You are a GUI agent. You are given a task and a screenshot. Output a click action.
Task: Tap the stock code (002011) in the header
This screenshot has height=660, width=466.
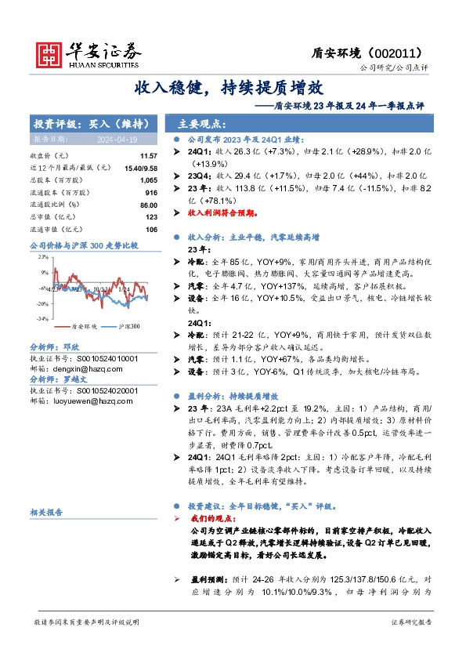(x=399, y=53)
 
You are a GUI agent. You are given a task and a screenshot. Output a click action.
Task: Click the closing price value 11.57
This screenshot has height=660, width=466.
(x=149, y=158)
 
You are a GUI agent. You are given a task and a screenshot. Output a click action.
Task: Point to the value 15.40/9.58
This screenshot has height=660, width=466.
(x=142, y=169)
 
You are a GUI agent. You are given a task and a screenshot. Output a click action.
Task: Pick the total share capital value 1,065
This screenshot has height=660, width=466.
(x=149, y=180)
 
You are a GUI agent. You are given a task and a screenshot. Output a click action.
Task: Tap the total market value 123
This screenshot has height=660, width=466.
(x=152, y=216)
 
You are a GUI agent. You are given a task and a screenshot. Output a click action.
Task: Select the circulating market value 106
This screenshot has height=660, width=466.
(x=152, y=228)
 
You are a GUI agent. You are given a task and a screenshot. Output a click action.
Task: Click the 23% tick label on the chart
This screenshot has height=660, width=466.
(x=43, y=256)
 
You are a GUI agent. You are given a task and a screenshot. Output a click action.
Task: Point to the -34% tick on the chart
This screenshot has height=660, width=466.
(x=42, y=318)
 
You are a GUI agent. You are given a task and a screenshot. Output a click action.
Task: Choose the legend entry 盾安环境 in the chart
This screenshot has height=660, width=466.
(x=84, y=326)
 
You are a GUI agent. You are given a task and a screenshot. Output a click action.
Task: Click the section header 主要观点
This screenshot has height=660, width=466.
(x=201, y=124)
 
